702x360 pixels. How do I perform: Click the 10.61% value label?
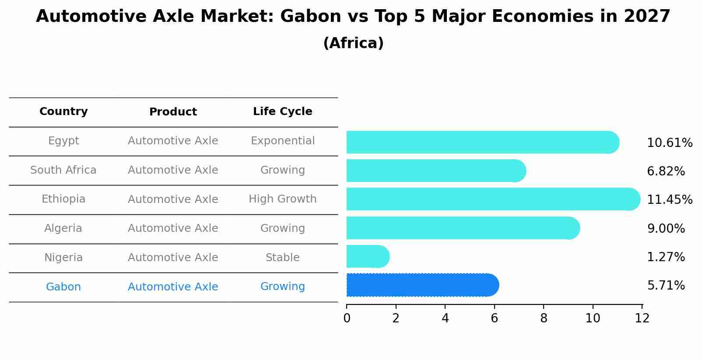669,143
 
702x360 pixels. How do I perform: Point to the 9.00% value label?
666,229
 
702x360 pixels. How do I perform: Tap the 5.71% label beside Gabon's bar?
666,286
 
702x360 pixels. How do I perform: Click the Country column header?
63,112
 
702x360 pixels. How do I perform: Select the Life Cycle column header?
282,112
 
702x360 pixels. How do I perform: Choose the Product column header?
173,112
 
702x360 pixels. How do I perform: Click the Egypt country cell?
63,141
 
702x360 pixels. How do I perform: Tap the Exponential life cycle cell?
282,141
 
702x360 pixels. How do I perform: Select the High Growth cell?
282,199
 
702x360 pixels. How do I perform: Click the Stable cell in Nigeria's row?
282,258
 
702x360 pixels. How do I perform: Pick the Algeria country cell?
63,228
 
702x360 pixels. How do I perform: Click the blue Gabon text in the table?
63,287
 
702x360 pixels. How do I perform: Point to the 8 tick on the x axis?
544,318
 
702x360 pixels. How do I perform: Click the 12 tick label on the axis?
642,318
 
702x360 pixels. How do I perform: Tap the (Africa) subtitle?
353,43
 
